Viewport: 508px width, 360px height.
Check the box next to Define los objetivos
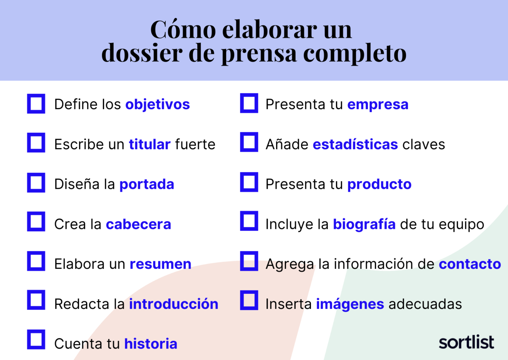coord(36,104)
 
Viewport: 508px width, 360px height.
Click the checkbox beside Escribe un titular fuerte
coord(36,143)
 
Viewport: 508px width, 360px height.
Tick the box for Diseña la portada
coord(36,183)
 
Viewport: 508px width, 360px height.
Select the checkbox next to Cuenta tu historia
coord(36,339)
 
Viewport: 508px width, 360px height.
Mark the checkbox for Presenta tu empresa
coord(249,103)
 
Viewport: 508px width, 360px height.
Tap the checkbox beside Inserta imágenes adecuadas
coord(249,300)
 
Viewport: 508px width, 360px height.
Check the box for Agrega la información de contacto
coord(249,261)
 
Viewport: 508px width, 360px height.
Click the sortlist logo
coord(466,342)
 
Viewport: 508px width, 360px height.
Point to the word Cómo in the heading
coord(183,29)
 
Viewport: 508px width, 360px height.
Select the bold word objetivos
coord(157,105)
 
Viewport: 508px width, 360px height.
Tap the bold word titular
coord(150,144)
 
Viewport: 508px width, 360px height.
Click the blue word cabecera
coord(138,224)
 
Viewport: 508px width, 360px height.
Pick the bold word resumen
coord(160,264)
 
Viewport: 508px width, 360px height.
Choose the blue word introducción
coord(173,304)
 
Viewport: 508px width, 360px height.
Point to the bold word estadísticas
coord(355,144)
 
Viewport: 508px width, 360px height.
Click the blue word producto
coord(379,184)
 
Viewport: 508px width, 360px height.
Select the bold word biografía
coord(364,224)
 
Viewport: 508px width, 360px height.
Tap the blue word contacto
coord(470,264)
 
